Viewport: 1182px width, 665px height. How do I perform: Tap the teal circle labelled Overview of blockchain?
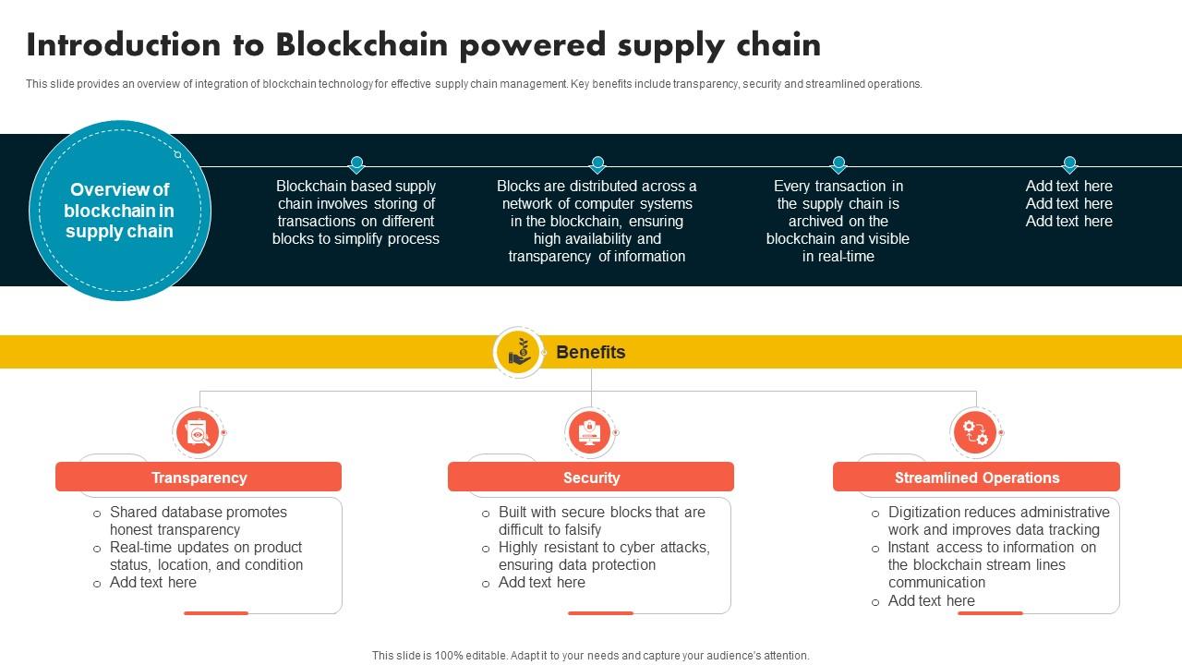120,211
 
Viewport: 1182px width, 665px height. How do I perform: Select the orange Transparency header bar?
199,478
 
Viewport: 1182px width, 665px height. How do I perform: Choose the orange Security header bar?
591,478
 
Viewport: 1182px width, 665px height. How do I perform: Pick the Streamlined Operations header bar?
976,478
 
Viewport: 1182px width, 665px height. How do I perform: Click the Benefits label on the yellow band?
591,352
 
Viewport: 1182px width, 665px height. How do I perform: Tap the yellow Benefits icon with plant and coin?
519,352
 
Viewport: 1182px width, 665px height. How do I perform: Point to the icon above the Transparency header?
198,431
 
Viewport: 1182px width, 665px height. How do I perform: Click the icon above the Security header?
589,431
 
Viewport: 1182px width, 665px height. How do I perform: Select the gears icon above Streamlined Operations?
975,431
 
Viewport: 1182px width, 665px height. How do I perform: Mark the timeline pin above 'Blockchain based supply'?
356,164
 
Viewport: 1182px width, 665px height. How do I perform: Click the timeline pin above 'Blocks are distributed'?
597,164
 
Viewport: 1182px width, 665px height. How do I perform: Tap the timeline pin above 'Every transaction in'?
838,164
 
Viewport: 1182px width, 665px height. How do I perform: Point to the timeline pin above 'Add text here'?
1069,164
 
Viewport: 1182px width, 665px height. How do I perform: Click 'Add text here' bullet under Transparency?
153,583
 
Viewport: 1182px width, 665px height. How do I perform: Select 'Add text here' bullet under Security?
542,583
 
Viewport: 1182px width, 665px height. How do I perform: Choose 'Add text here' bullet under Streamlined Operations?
932,601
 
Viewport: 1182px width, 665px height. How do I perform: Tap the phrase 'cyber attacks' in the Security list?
664,548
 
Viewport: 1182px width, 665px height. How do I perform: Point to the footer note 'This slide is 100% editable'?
591,656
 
